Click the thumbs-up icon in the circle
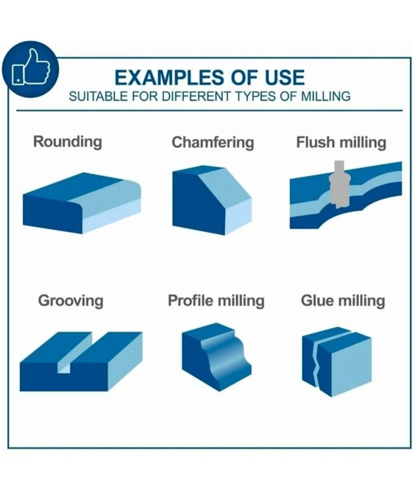tap(31, 67)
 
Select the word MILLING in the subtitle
tap(325, 96)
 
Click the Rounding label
tap(67, 141)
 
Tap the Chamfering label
tap(213, 143)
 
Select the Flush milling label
tap(341, 143)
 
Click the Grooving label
tap(70, 301)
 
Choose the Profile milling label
tap(216, 300)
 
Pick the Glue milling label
tap(343, 300)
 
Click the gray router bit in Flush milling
tap(339, 184)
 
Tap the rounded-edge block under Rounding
tap(82, 203)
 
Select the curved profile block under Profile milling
tap(217, 357)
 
